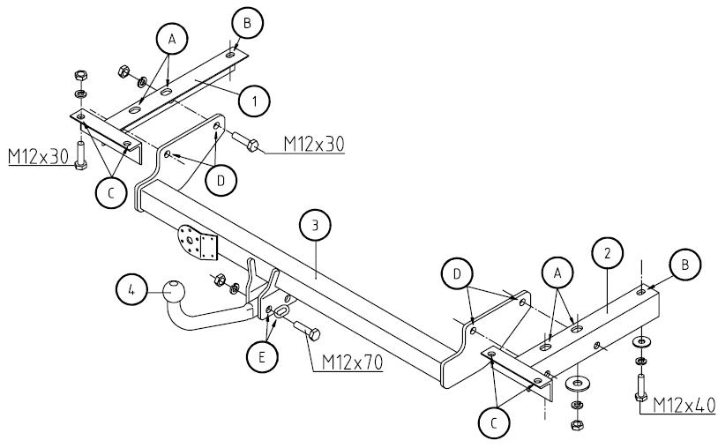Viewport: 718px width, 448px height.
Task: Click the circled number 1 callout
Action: click(254, 102)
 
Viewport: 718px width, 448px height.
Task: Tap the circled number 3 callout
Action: click(315, 226)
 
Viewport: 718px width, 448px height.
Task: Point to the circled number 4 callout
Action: click(131, 290)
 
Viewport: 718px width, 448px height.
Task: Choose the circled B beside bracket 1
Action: click(247, 23)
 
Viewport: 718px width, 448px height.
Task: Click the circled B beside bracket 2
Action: click(685, 264)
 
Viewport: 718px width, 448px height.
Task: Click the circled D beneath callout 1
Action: click(219, 181)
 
